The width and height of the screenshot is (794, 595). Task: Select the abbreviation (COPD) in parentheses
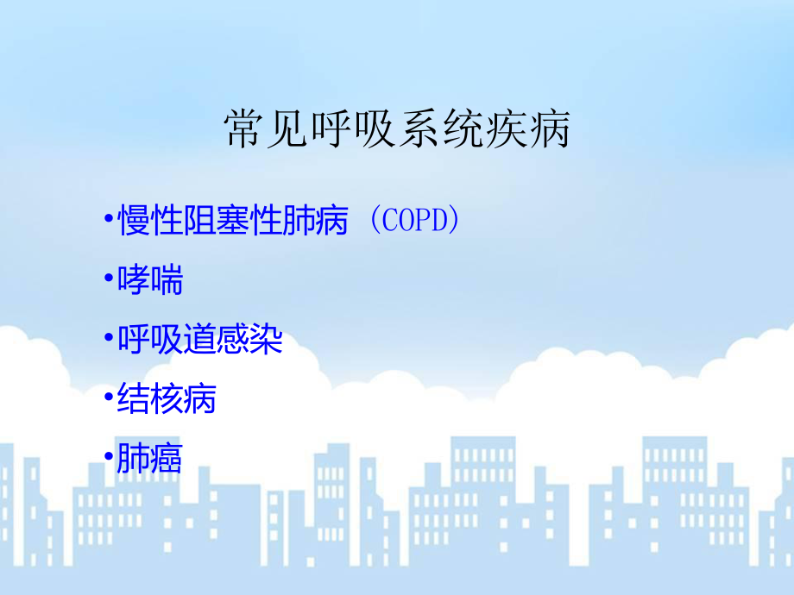(411, 222)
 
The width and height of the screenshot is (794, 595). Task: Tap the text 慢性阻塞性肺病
(232, 222)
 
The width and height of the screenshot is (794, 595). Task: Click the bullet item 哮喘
(150, 281)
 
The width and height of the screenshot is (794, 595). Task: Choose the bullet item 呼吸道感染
(199, 340)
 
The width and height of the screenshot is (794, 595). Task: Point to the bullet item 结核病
(167, 399)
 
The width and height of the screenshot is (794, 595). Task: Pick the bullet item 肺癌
(150, 459)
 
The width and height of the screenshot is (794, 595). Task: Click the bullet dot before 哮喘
(107, 281)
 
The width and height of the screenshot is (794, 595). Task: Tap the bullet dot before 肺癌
(107, 459)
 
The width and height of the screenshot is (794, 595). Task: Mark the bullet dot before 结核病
(107, 399)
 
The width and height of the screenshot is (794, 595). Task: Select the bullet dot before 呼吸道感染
(107, 340)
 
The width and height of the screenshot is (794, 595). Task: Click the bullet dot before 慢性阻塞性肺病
(107, 222)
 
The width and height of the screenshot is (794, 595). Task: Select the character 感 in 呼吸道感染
(233, 340)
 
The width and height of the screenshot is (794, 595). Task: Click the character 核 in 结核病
(167, 399)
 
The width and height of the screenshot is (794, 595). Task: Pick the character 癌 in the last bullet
(167, 459)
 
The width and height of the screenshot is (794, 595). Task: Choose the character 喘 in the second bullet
(167, 281)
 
